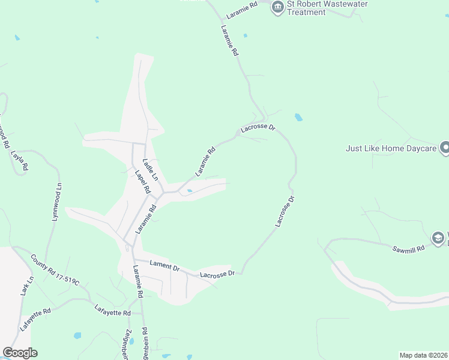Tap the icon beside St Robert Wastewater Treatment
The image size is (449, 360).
point(277,7)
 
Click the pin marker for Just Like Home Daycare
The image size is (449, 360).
point(445,147)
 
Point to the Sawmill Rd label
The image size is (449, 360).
point(409,247)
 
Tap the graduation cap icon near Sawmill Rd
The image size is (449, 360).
point(439,238)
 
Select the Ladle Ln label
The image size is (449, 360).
point(149,170)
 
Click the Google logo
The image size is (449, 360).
point(20,353)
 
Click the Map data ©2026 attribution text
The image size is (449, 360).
point(423,355)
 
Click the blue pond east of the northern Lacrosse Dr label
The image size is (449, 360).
point(298,118)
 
